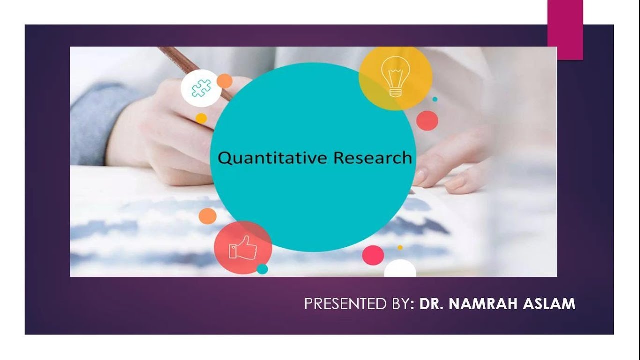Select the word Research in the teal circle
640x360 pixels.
click(x=373, y=158)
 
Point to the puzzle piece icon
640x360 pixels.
click(x=201, y=88)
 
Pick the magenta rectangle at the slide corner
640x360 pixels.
click(x=565, y=29)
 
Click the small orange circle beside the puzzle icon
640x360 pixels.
click(x=225, y=81)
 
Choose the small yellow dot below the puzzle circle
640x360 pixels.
click(x=201, y=118)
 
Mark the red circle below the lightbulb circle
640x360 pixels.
click(x=427, y=121)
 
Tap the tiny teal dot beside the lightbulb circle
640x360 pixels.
click(x=435, y=99)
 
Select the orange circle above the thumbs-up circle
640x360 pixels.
click(x=207, y=216)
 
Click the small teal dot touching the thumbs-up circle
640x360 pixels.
click(x=262, y=269)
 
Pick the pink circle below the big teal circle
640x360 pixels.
click(x=373, y=255)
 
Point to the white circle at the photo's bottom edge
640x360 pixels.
click(x=400, y=270)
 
